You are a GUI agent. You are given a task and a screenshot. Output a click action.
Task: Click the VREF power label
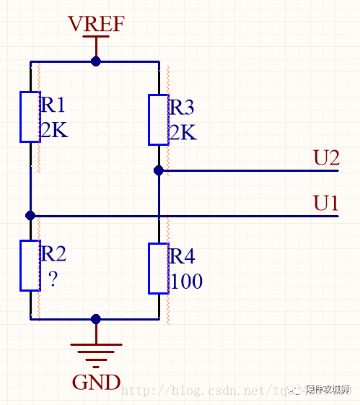click(96, 24)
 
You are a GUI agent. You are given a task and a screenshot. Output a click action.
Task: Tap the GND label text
click(96, 380)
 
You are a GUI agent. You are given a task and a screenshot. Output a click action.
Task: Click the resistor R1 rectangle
click(30, 116)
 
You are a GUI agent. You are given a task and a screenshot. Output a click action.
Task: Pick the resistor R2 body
click(30, 265)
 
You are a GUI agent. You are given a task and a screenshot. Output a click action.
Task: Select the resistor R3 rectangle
click(158, 119)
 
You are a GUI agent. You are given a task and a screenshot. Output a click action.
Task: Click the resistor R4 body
click(158, 269)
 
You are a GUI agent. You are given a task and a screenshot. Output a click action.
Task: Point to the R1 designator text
click(53, 105)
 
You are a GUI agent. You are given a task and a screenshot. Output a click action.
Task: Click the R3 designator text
click(182, 108)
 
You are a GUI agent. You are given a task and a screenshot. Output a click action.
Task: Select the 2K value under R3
click(182, 133)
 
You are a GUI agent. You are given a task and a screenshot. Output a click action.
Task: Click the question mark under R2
click(52, 279)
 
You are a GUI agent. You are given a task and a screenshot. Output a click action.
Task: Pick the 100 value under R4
click(185, 282)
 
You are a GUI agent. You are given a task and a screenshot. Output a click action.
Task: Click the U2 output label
click(326, 157)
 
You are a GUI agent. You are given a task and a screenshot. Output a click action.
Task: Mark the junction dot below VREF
click(96, 62)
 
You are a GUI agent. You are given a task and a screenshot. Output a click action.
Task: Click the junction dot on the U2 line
click(158, 170)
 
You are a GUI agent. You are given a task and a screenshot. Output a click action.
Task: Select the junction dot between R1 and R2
click(30, 215)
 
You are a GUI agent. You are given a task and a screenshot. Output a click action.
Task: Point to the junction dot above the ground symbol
click(96, 318)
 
